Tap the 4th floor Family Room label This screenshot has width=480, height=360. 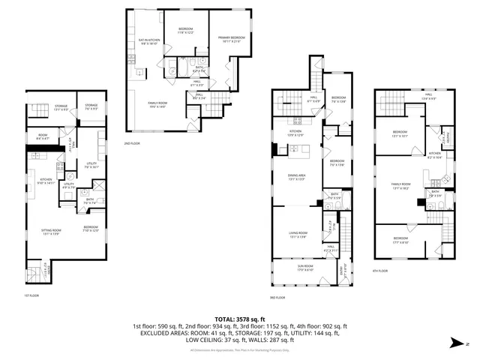click(x=401, y=184)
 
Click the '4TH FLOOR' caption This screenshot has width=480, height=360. click(x=380, y=271)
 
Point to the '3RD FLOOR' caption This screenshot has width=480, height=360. click(x=277, y=298)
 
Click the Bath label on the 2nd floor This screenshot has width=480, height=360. click(x=199, y=67)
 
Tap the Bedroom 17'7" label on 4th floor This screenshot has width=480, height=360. click(x=406, y=241)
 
